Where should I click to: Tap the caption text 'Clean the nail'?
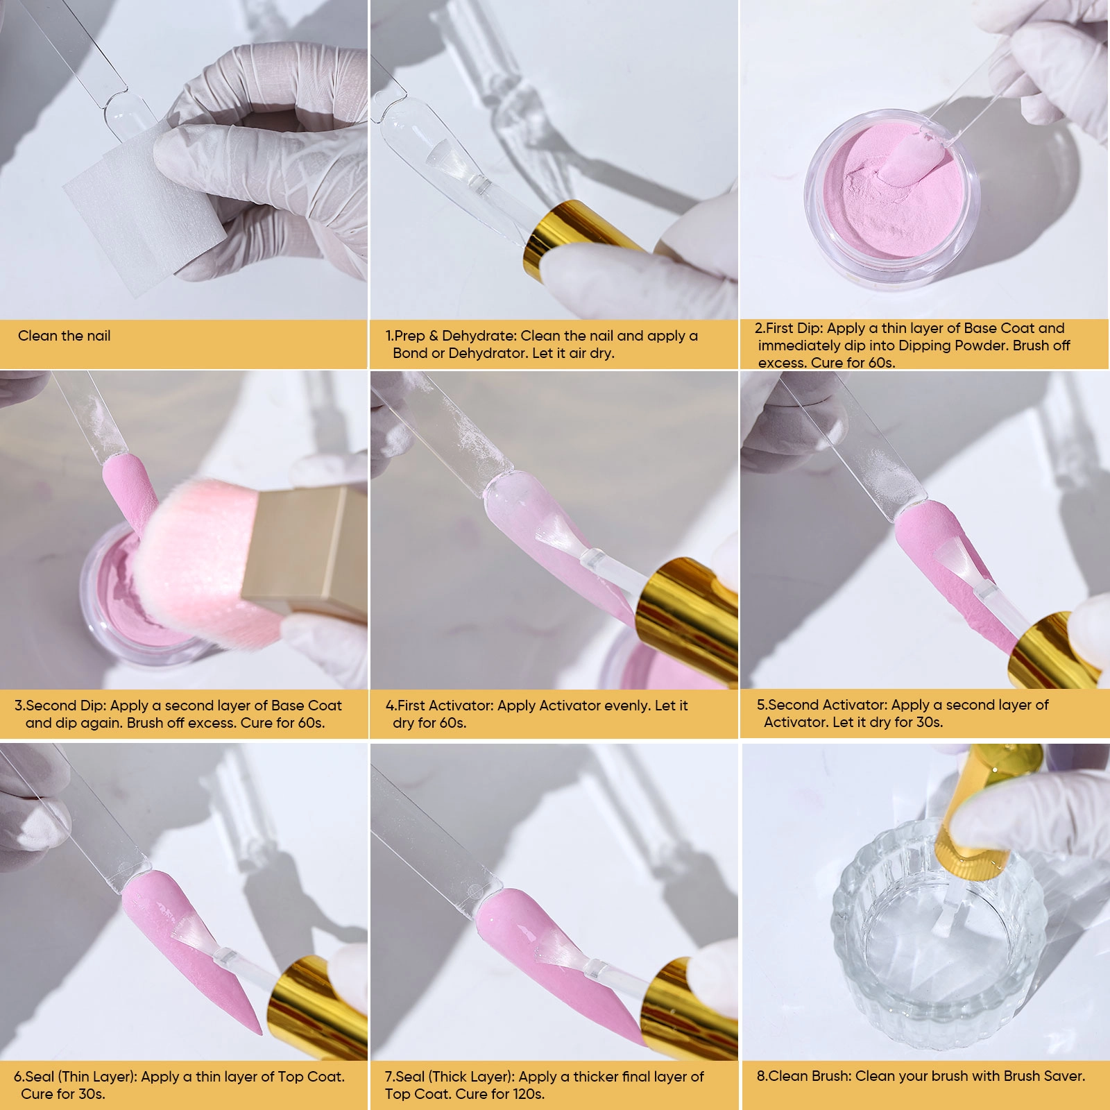click(x=65, y=336)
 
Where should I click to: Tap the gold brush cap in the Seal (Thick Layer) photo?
click(x=687, y=1009)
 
